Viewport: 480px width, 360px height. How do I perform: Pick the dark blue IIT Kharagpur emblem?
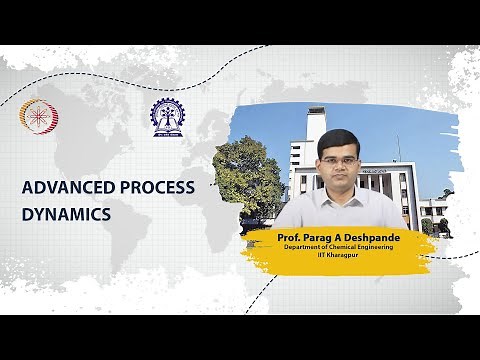(x=167, y=115)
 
